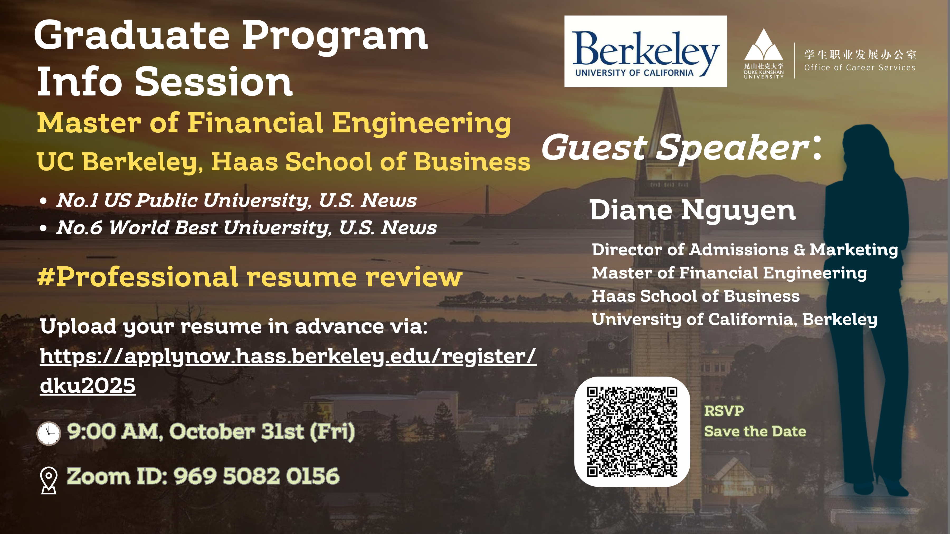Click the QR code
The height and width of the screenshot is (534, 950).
tap(632, 431)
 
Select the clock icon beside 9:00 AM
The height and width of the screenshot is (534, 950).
tap(49, 433)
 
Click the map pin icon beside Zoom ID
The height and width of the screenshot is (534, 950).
tap(49, 480)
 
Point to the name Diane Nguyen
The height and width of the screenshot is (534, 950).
tap(693, 211)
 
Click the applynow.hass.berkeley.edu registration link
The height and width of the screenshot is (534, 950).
tap(288, 371)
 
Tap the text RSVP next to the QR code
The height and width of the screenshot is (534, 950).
tap(724, 411)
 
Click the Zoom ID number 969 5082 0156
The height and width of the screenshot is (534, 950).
tap(256, 476)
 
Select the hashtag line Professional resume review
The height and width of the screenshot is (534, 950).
tap(250, 277)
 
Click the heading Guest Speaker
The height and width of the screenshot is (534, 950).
tap(682, 147)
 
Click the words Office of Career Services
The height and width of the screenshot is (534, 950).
tap(860, 68)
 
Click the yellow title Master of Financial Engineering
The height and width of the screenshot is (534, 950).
tap(274, 123)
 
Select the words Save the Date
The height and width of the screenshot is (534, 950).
tap(755, 431)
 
